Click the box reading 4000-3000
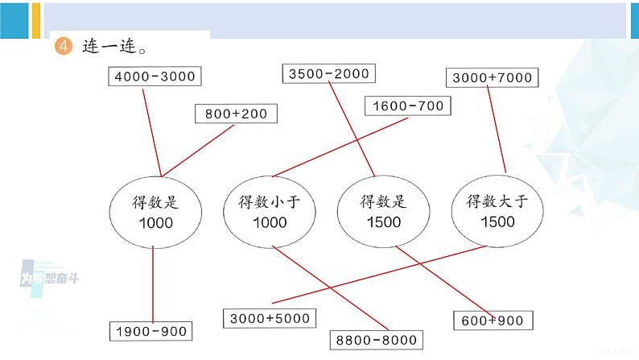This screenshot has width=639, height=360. pyautogui.click(x=155, y=77)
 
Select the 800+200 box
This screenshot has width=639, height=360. pyautogui.click(x=236, y=114)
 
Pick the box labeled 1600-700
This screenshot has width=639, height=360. pyautogui.click(x=407, y=106)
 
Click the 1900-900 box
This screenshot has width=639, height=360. pyautogui.click(x=150, y=330)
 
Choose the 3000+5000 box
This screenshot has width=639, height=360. pyautogui.click(x=270, y=317)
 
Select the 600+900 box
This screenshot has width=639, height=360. pyautogui.click(x=492, y=321)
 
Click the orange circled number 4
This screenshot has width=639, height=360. pyautogui.click(x=63, y=47)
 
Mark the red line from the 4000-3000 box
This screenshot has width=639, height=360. pyautogui.click(x=150, y=129)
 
